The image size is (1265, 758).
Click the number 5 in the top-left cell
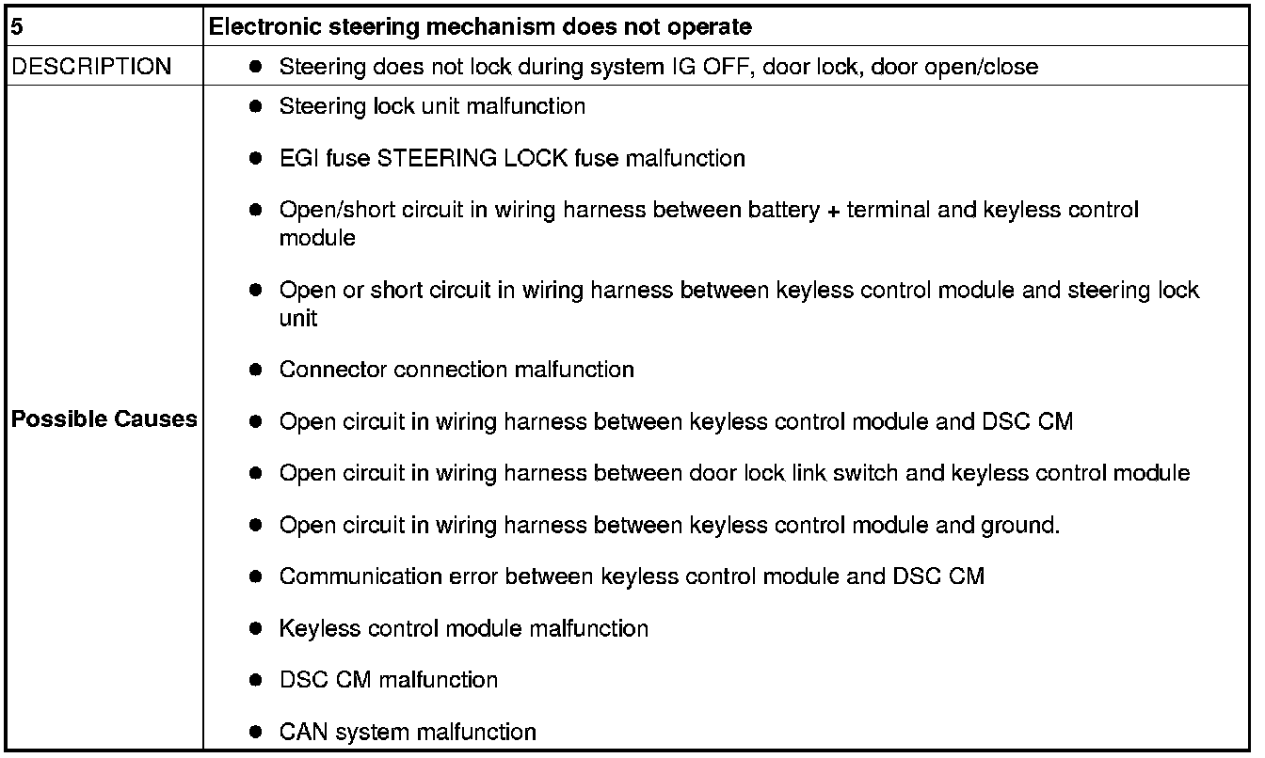16,26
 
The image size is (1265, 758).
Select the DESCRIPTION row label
91,67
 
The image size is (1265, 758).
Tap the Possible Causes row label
104,419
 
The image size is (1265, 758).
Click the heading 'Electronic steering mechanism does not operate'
480,26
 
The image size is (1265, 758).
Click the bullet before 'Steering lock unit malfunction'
255,107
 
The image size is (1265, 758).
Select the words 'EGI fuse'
324,158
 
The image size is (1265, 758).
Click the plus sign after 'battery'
833,210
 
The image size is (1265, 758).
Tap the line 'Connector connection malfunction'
456,370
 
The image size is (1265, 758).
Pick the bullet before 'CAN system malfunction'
255,732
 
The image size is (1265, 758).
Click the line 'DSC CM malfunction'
388,679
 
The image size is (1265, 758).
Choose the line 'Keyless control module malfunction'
463,628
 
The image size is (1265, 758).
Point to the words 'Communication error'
388,576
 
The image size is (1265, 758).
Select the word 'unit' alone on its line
298,319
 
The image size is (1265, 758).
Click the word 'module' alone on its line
317,238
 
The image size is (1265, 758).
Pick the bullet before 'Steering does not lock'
255,68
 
